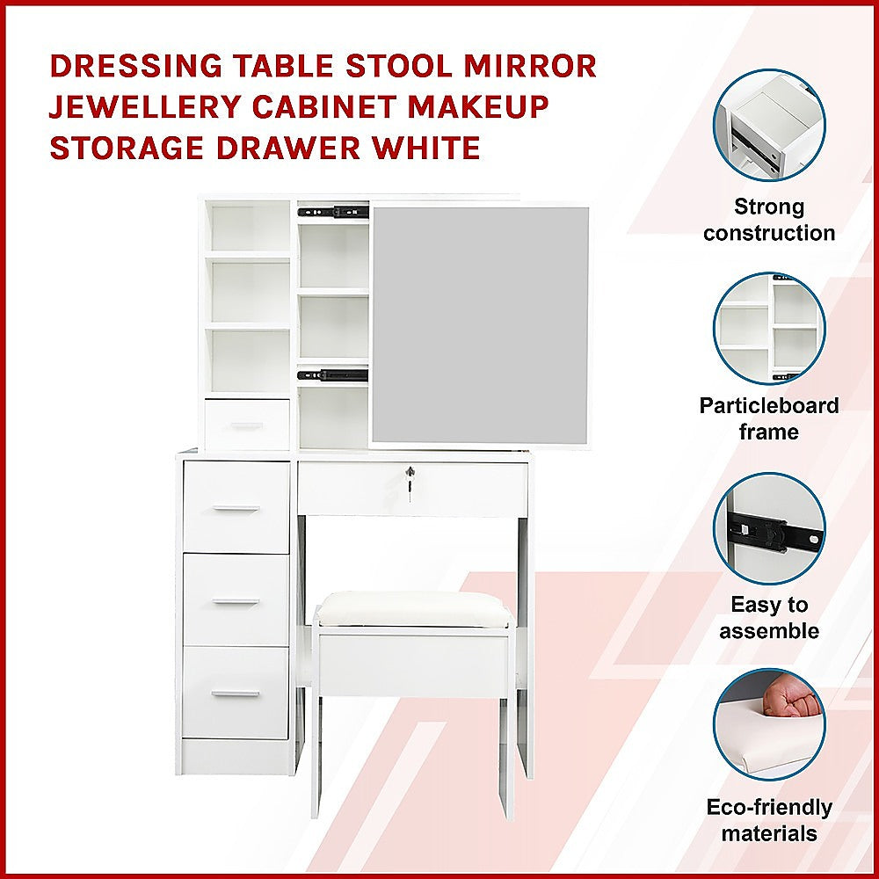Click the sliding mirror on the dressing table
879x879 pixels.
pos(480,323)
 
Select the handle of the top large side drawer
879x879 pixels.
pos(236,508)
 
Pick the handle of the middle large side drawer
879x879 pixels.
pos(236,602)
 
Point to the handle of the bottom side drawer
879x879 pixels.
pos(236,694)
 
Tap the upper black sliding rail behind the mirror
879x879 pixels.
pos(333,211)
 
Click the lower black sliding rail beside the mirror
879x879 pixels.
pos(333,374)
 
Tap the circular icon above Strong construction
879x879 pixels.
pos(769,126)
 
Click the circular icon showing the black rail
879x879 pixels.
pos(769,528)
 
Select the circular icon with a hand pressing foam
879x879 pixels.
pos(769,726)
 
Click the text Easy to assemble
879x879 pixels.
pos(769,618)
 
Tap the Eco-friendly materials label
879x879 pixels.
pos(769,820)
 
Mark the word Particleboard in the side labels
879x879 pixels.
pos(769,405)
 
